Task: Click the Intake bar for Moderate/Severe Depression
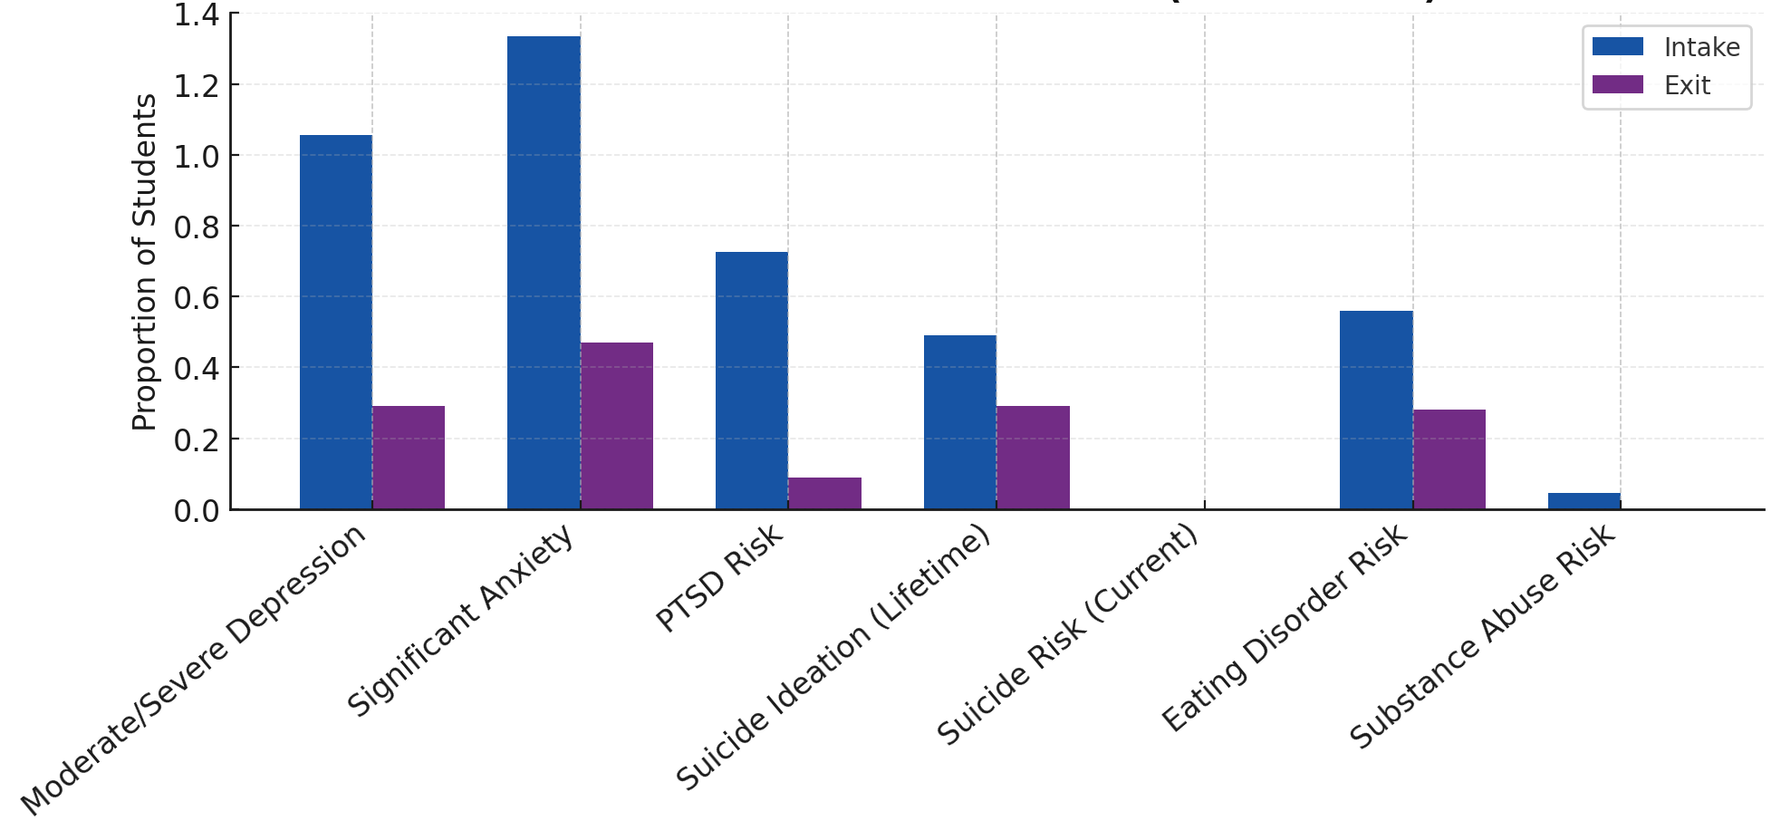(x=335, y=322)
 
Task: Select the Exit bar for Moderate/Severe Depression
(x=409, y=458)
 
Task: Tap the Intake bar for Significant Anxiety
(x=544, y=272)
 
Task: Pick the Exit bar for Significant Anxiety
(x=617, y=426)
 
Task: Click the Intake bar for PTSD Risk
(x=751, y=381)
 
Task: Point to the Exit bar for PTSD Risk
(x=824, y=494)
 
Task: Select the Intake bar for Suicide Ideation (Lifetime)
(x=959, y=422)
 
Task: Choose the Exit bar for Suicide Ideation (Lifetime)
(x=1033, y=458)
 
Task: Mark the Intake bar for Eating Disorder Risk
(x=1376, y=410)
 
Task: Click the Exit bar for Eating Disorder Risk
(x=1449, y=459)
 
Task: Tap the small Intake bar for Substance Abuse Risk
(x=1584, y=501)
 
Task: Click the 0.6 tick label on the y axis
(x=196, y=297)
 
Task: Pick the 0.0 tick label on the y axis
(x=196, y=511)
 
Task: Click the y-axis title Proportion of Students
(x=144, y=263)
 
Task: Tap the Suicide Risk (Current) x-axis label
(x=1069, y=634)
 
